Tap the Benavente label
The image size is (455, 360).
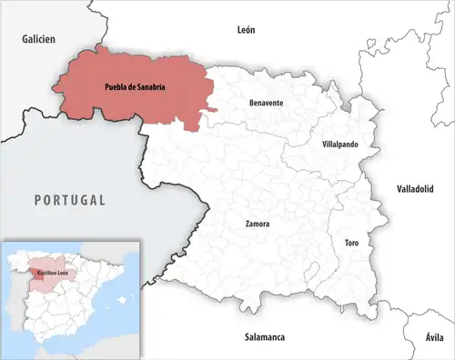266,103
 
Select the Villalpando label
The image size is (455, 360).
340,145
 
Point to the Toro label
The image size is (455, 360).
351,244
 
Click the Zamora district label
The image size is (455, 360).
258,223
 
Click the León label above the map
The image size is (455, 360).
246,30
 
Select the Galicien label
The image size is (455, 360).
39,39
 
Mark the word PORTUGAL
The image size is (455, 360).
70,200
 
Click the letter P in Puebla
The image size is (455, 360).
95,87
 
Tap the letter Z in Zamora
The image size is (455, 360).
248,223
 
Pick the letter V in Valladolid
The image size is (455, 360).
400,189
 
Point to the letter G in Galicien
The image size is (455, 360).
25,39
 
